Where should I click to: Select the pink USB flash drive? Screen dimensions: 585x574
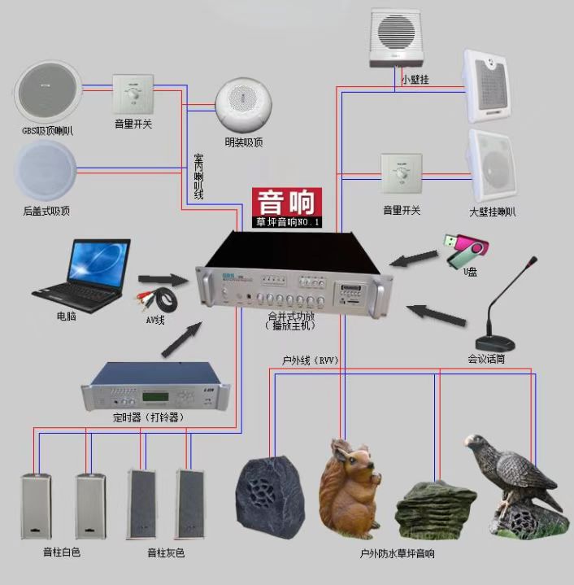pyautogui.click(x=465, y=249)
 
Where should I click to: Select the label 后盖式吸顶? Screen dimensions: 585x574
pyautogui.click(x=46, y=212)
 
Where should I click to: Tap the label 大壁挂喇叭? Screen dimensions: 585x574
pyautogui.click(x=493, y=212)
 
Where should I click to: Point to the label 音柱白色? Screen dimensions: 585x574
pyautogui.click(x=62, y=552)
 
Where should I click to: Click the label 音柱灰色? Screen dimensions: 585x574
pyautogui.click(x=165, y=553)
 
